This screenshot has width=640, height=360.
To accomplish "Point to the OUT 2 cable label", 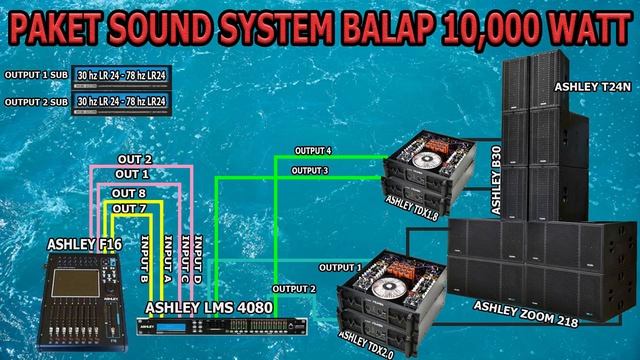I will point(134,160).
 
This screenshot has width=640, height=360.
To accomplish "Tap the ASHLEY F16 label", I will point(83,243).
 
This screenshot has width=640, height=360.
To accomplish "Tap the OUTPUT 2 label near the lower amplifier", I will point(293,289).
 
